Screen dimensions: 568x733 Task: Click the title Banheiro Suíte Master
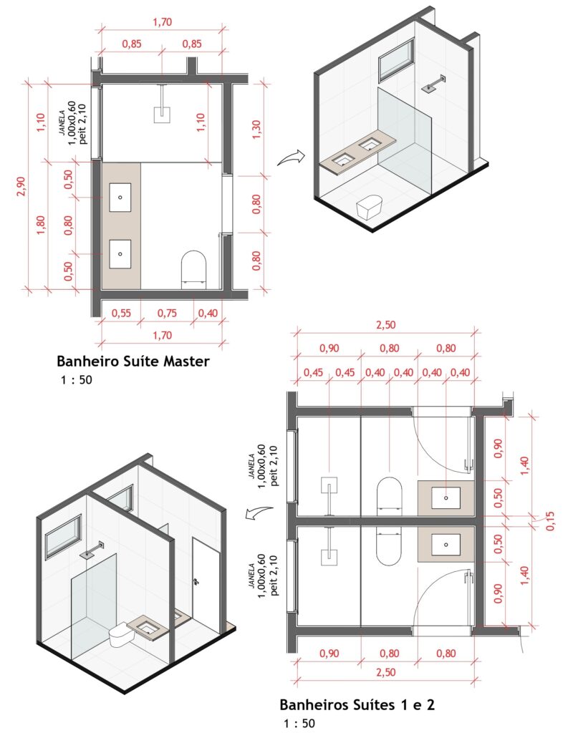coord(133,361)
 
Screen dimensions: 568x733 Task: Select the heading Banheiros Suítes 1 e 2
coord(357,704)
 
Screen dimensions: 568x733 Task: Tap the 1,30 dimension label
coord(256,130)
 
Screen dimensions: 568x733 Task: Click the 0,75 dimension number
coord(167,313)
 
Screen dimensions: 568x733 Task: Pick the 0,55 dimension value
coord(121,313)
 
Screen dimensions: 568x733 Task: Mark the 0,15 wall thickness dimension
coord(550,520)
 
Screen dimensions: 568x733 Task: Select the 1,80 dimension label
coord(40,225)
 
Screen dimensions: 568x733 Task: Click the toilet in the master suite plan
coord(193,268)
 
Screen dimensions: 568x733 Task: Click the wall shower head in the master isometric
coord(433,84)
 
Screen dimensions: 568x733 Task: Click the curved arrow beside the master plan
coord(290,158)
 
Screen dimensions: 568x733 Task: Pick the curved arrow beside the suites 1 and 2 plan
coord(260,513)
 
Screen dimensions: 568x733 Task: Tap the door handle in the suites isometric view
coord(195,581)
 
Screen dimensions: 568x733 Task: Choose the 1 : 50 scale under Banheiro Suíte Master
coord(76,379)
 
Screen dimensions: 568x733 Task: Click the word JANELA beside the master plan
coord(62,123)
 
